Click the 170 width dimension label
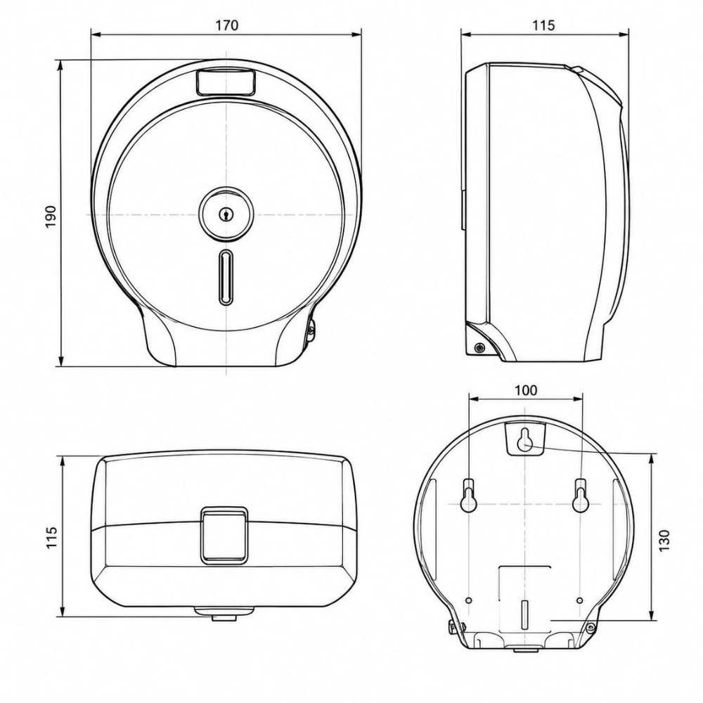click(x=227, y=25)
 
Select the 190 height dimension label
click(x=51, y=216)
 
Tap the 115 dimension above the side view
click(x=544, y=25)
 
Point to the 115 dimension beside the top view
click(x=51, y=536)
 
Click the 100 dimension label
click(x=525, y=390)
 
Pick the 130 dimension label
click(x=664, y=540)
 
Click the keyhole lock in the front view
click(x=226, y=214)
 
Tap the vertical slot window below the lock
click(x=226, y=277)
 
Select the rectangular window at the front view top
click(x=226, y=82)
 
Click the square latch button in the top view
click(x=224, y=535)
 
